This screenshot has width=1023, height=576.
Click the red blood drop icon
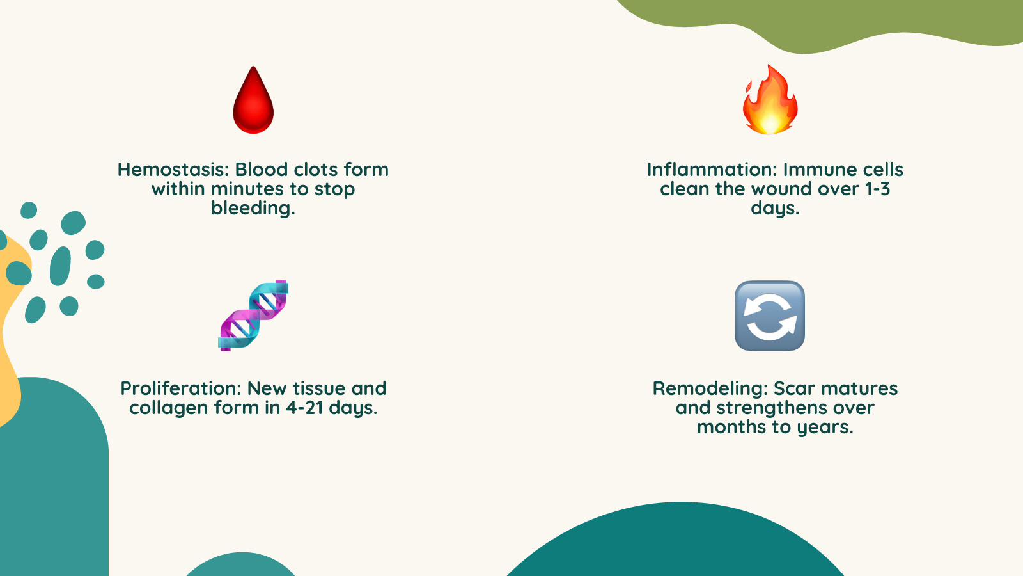pyautogui.click(x=253, y=101)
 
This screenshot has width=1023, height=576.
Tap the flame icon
pyautogui.click(x=770, y=100)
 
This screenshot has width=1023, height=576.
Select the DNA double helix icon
pyautogui.click(x=253, y=316)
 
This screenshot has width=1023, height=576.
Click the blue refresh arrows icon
pyautogui.click(x=770, y=316)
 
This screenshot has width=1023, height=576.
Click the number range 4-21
pyautogui.click(x=304, y=408)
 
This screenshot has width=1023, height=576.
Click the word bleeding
pyautogui.click(x=251, y=209)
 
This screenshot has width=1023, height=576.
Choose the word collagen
pyautogui.click(x=168, y=408)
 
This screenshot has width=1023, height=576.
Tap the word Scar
pyautogui.click(x=793, y=388)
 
